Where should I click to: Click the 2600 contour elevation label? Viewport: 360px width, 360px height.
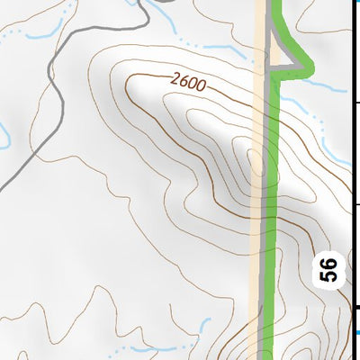pos(187,84)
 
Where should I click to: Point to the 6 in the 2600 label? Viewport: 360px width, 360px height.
pos(183,82)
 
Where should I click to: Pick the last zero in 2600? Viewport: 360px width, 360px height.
pos(201,88)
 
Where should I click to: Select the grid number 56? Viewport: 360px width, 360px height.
pos(328,270)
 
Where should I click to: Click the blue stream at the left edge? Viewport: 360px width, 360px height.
pos(4,135)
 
